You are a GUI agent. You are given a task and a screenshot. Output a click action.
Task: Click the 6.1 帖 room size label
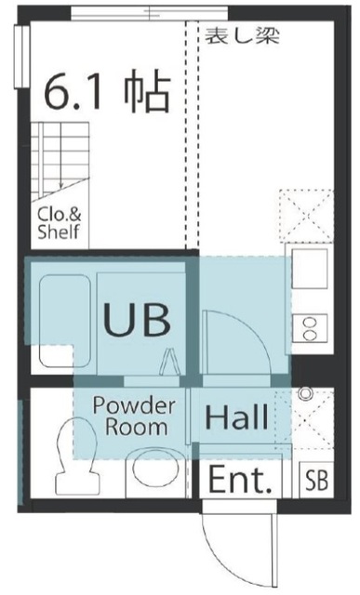(108, 91)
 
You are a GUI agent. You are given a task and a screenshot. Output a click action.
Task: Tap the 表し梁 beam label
(242, 35)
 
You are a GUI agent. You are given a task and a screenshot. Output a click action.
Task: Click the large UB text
(137, 319)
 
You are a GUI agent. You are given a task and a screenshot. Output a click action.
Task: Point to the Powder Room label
(135, 416)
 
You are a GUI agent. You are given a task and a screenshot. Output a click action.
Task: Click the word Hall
(236, 416)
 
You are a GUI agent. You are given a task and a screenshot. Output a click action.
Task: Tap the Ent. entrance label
(241, 480)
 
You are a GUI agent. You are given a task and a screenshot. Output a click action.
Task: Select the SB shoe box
(316, 480)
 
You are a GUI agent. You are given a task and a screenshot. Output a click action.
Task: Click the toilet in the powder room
(77, 456)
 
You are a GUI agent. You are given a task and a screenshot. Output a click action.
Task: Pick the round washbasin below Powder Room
(156, 468)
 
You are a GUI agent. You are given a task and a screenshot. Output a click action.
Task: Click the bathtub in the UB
(65, 321)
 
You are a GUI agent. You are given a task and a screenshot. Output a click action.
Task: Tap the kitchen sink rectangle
(310, 269)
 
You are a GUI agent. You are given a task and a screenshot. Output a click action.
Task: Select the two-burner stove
(310, 328)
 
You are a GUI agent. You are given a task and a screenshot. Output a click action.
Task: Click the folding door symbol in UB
(169, 362)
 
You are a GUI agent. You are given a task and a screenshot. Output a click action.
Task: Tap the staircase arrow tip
(60, 187)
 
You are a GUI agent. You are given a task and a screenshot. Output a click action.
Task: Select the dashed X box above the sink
(306, 216)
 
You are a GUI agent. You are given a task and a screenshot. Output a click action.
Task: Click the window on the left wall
(21, 57)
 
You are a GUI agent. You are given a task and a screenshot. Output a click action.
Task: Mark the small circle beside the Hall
(305, 394)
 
